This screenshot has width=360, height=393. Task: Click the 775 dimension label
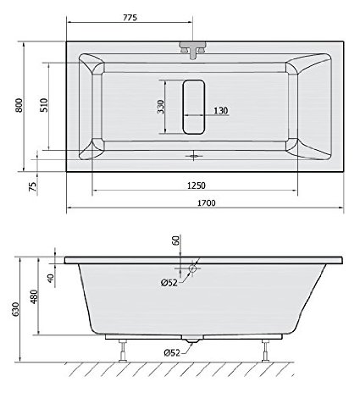click(x=130, y=18)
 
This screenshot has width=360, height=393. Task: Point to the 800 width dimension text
click(x=19, y=105)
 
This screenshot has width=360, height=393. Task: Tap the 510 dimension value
click(x=44, y=105)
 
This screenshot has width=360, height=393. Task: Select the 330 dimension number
click(x=160, y=107)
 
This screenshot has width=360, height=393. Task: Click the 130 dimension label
click(x=220, y=110)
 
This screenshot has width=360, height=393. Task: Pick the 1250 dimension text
click(x=197, y=185)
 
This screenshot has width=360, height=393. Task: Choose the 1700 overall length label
click(x=206, y=203)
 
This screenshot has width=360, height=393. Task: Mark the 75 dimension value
click(x=33, y=186)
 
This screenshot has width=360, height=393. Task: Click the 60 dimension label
click(x=175, y=241)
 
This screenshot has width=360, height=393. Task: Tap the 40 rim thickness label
click(x=51, y=278)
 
